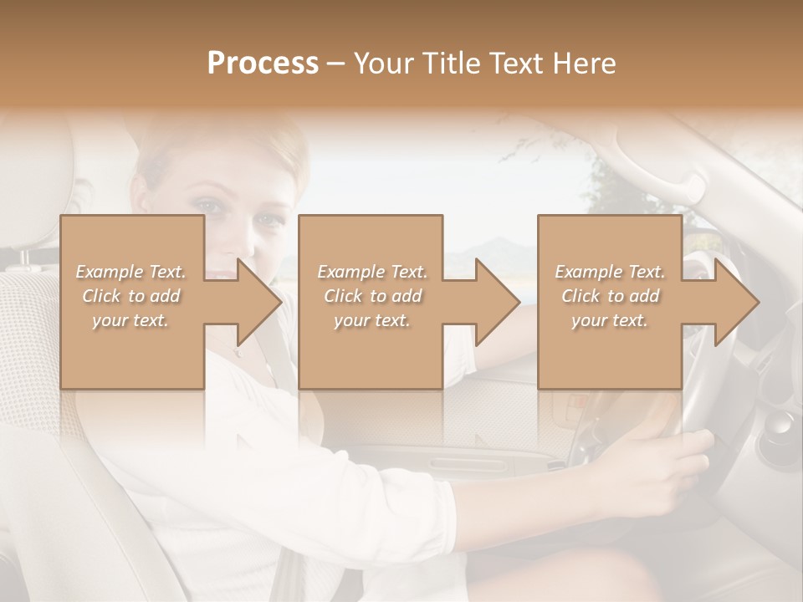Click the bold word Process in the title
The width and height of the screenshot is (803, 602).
tap(263, 64)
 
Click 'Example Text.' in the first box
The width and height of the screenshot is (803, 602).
tap(130, 272)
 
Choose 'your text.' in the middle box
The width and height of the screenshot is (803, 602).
tap(371, 320)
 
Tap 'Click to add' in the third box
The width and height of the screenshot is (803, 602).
tap(610, 296)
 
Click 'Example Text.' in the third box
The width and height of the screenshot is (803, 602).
tap(610, 272)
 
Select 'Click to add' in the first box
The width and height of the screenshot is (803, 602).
tap(130, 296)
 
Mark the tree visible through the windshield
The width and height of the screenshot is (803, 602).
tap(619, 192)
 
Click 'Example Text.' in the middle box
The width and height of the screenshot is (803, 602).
tap(371, 272)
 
